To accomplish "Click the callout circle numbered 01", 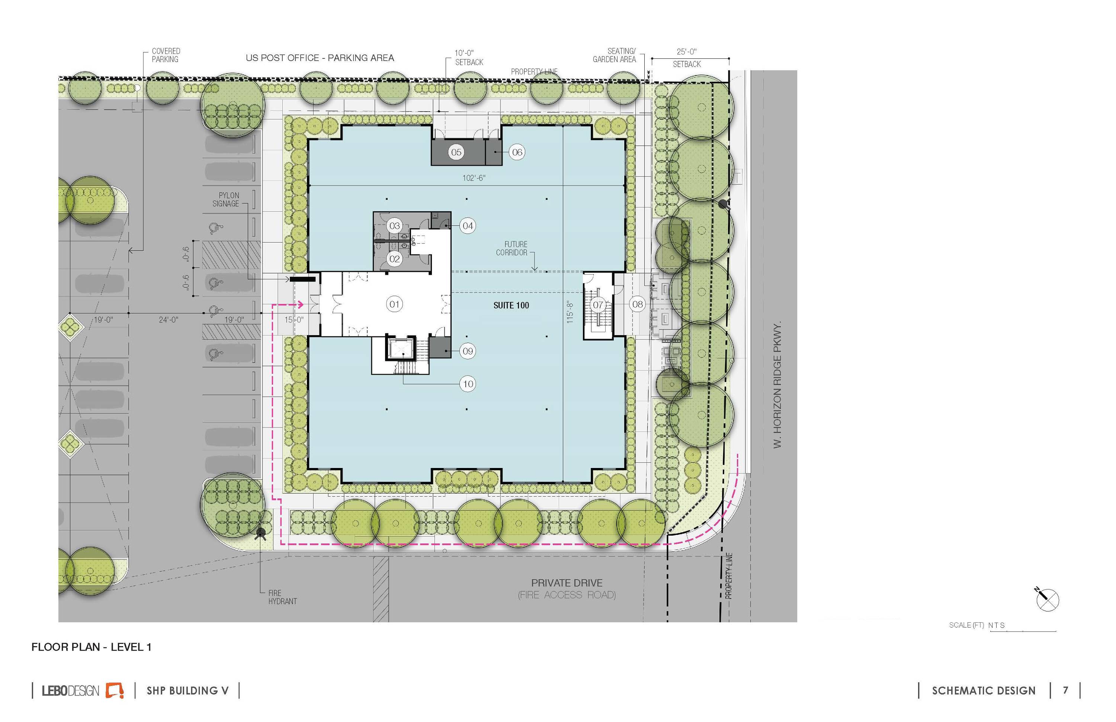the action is pos(394,304).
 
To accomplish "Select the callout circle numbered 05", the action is pos(456,152).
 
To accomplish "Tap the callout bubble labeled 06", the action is pos(517,152).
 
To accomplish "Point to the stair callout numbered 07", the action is pos(598,305).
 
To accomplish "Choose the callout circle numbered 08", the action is pos(637,304).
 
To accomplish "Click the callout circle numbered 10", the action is pos(468,384).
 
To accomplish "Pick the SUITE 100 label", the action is pos(511,305).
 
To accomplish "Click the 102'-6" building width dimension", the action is pos(474,178).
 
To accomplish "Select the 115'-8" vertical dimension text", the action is pos(570,312).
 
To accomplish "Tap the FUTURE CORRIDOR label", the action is pos(511,248).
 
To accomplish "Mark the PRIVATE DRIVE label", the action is pos(567,583).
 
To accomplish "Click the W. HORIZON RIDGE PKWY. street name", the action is pos(777,385).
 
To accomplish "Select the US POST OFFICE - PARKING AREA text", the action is pos(320,58).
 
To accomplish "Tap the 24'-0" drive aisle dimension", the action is pos(169,320).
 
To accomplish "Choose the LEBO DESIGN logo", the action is pos(83,690).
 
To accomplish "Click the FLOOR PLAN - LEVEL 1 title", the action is pos(92,647).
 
